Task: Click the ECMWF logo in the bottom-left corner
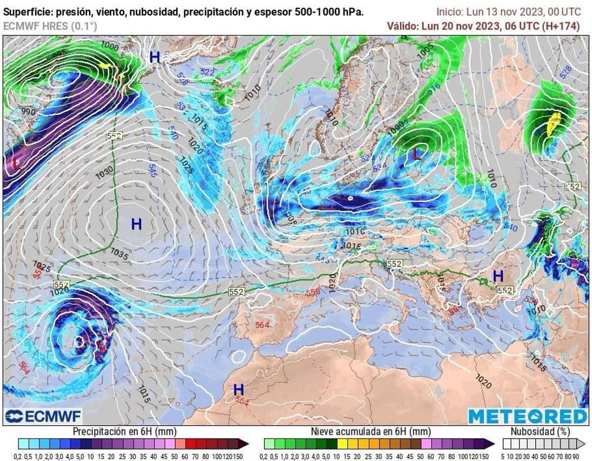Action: [x=43, y=416]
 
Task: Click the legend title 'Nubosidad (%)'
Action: [x=540, y=431]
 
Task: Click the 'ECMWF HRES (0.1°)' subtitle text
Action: [x=50, y=26]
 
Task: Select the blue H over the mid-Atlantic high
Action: [x=136, y=224]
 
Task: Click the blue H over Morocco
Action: [x=239, y=389]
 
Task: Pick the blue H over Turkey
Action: [x=498, y=276]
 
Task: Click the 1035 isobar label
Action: [x=119, y=254]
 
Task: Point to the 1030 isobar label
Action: [x=105, y=171]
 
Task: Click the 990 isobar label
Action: [x=29, y=111]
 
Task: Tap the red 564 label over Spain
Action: [x=262, y=325]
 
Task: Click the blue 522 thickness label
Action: [x=207, y=72]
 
